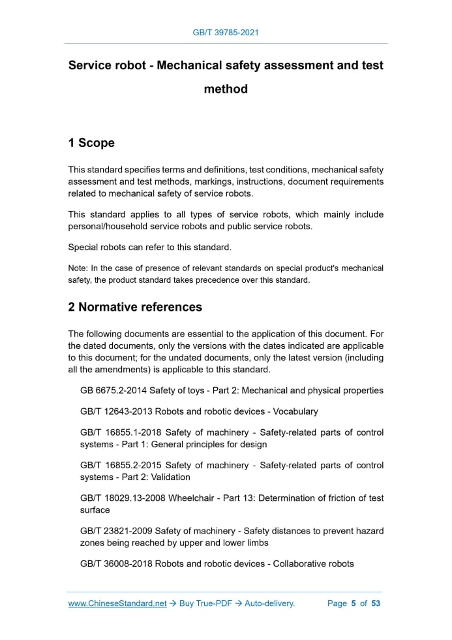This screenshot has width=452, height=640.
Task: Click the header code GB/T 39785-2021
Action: click(226, 32)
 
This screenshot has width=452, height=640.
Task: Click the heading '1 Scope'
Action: click(91, 143)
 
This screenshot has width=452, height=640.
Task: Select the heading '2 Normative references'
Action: click(135, 307)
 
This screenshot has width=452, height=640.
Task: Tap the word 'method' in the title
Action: click(226, 89)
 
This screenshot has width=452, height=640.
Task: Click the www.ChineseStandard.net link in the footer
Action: click(117, 603)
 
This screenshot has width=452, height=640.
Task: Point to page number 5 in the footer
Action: click(353, 603)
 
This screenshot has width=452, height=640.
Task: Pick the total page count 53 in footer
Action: click(376, 603)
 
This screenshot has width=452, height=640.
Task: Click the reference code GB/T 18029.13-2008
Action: click(123, 498)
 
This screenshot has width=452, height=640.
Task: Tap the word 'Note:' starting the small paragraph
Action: click(78, 268)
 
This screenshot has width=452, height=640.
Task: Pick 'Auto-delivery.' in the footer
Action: click(270, 603)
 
